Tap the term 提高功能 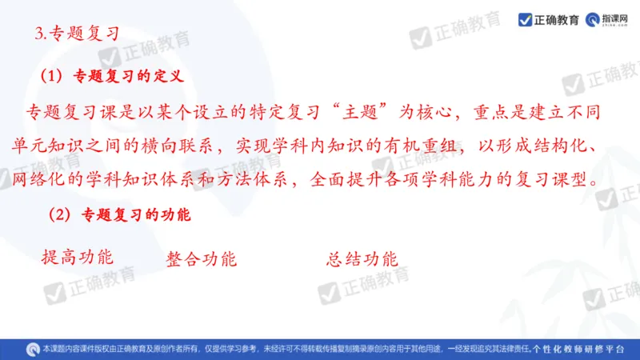(77, 257)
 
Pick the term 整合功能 (201, 259)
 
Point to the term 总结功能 (362, 259)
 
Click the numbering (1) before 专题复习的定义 (50, 77)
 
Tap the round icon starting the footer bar (33, 349)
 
